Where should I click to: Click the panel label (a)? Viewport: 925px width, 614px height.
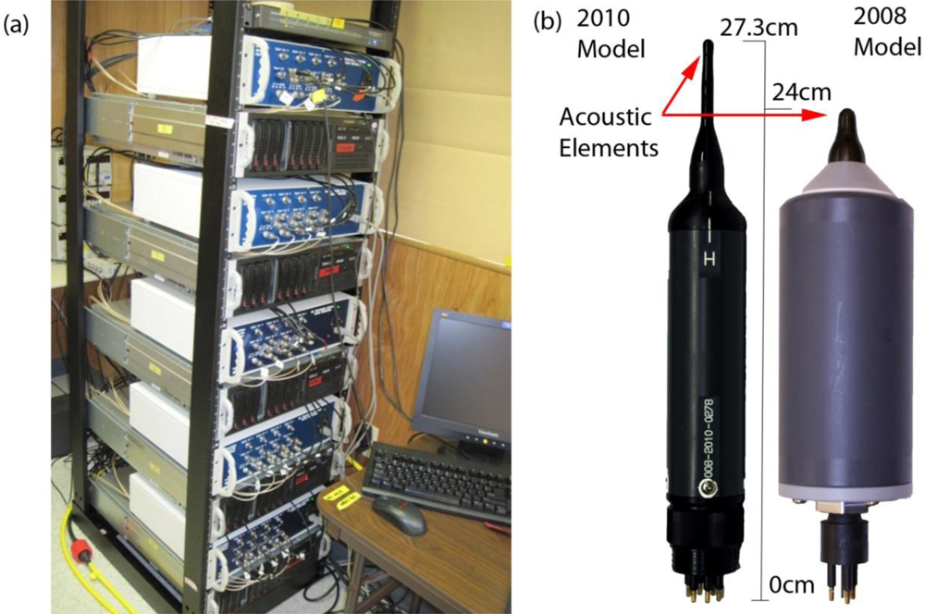[x=18, y=26]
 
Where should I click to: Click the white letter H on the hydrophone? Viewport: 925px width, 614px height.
[x=709, y=262]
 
